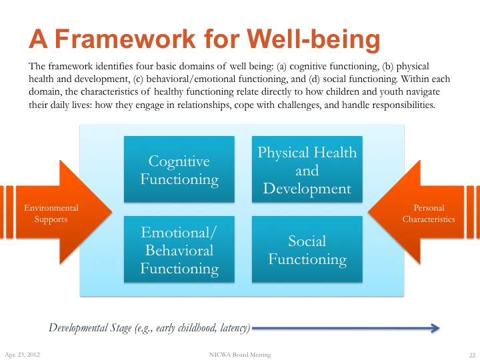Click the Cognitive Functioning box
click(179, 169)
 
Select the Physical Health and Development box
click(307, 169)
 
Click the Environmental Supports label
click(51, 213)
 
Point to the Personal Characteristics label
click(429, 213)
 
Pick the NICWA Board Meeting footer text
click(240, 355)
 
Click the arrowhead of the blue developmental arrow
click(434, 327)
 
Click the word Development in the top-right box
click(307, 189)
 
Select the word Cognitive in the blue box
click(179, 161)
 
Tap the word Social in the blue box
click(307, 241)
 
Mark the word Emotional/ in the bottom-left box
click(179, 232)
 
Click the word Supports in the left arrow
click(51, 219)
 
